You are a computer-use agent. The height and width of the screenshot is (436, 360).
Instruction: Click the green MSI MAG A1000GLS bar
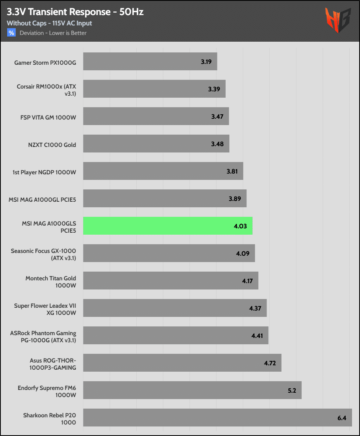click(x=168, y=226)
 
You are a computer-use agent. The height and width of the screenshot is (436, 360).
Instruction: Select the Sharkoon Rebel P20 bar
click(x=217, y=417)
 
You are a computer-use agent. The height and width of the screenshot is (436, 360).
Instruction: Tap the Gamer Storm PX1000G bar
click(x=150, y=62)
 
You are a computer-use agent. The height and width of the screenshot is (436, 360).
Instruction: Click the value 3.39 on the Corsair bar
click(x=214, y=89)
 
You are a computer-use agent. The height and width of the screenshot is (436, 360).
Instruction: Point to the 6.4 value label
click(x=342, y=418)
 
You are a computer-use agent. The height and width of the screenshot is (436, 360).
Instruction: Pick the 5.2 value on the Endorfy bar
click(x=292, y=390)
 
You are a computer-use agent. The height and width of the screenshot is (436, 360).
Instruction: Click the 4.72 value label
click(x=270, y=363)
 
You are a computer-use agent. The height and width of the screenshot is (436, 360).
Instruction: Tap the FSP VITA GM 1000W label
click(x=48, y=118)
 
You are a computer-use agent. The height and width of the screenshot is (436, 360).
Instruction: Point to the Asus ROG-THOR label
click(x=53, y=363)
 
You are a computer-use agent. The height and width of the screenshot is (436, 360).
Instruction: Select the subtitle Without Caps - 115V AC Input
click(x=49, y=23)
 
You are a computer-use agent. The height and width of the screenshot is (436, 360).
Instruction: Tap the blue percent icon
click(x=11, y=33)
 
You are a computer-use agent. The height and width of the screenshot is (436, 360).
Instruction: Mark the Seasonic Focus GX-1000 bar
click(x=169, y=253)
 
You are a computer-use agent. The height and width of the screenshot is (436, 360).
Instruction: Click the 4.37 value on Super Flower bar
click(x=255, y=308)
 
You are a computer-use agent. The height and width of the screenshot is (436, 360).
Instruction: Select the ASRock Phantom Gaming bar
click(x=176, y=336)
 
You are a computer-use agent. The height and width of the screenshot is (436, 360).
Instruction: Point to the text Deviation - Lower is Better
click(x=53, y=33)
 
